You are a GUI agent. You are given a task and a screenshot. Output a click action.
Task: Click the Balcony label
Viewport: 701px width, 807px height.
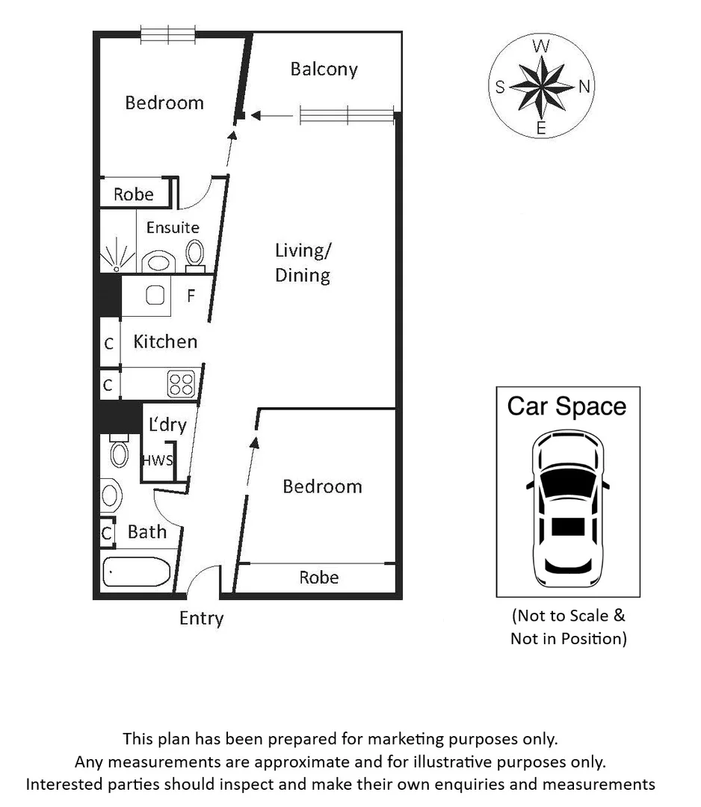324,69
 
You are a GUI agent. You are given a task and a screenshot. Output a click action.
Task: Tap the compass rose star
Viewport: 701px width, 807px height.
541,87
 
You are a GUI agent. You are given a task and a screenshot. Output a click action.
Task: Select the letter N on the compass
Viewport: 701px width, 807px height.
584,87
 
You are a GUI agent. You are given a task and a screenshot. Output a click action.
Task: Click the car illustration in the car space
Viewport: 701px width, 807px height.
567,510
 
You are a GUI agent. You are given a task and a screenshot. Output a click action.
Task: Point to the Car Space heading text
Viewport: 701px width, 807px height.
566,406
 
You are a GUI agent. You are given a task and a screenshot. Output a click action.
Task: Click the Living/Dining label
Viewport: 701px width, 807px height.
303,262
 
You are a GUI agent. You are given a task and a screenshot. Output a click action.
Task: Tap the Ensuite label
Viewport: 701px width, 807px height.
173,227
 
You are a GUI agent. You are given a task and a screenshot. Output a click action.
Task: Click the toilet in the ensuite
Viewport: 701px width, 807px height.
195,253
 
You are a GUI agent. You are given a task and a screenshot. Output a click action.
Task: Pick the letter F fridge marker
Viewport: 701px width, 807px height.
191,296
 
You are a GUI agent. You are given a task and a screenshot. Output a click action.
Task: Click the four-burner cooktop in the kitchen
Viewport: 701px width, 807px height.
181,384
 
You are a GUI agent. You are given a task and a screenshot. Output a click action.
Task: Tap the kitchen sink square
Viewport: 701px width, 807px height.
155,296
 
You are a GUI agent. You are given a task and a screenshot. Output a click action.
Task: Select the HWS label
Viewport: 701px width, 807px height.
158,460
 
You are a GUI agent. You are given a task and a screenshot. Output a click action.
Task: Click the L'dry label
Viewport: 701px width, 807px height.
167,425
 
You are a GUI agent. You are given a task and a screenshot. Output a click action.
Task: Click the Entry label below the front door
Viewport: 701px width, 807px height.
201,619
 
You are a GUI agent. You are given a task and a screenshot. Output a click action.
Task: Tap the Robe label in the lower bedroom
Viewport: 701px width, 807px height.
318,578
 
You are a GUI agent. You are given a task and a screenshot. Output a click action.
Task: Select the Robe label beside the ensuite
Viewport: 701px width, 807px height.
134,194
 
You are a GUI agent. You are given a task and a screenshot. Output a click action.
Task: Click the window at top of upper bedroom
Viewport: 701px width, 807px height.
168,34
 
